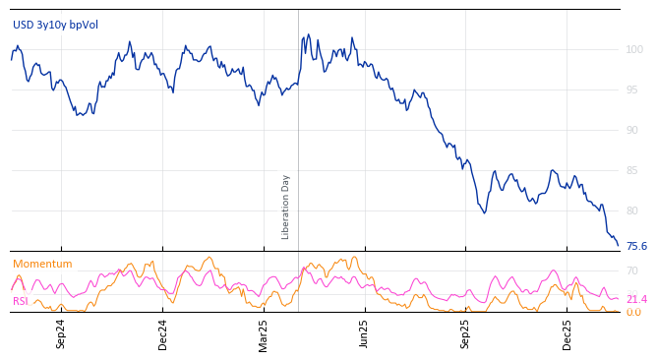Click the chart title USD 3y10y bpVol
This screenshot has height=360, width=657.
pos(56,26)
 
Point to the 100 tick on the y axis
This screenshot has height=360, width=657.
pos(634,49)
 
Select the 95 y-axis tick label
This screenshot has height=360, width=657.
pos(634,90)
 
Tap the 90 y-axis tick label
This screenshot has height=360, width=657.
pos(634,130)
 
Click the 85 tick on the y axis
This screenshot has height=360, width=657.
pos(634,170)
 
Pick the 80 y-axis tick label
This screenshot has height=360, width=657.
pos(634,210)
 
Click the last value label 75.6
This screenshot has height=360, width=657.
pos(636,247)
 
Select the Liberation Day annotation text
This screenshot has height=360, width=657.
pos(286,207)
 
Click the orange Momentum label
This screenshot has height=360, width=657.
pos(42,265)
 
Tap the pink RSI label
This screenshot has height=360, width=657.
pos(21,301)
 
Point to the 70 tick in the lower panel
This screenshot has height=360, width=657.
pos(632,270)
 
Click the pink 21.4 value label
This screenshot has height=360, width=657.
pos(636,299)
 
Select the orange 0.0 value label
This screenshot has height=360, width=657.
pos(634,313)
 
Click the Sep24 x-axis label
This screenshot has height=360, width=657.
pos(61,334)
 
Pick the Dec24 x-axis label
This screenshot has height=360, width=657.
pos(162,334)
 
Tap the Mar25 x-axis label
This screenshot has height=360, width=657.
pos(264,334)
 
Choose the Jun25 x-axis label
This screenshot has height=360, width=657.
pos(365,334)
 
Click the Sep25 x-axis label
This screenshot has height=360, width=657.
pos(466,334)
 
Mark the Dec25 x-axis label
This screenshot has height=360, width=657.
pos(567,334)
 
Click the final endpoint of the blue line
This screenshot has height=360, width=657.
pos(618,246)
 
